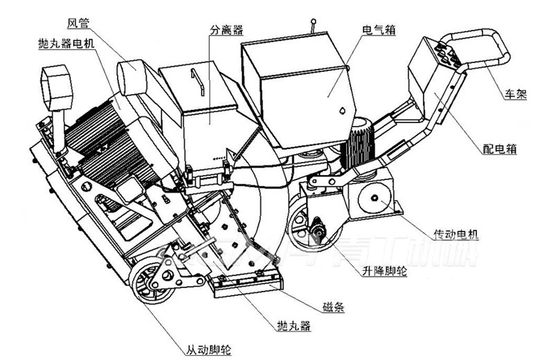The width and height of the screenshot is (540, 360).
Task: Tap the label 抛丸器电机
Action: pos(67,44)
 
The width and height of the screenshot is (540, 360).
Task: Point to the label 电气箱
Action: pos(379,31)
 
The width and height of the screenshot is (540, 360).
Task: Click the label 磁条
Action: pos(334,305)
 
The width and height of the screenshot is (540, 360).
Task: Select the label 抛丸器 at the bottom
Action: pos(290,325)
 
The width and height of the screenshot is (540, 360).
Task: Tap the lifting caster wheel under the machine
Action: pos(305,225)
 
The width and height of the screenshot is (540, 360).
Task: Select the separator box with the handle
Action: pos(201,104)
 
